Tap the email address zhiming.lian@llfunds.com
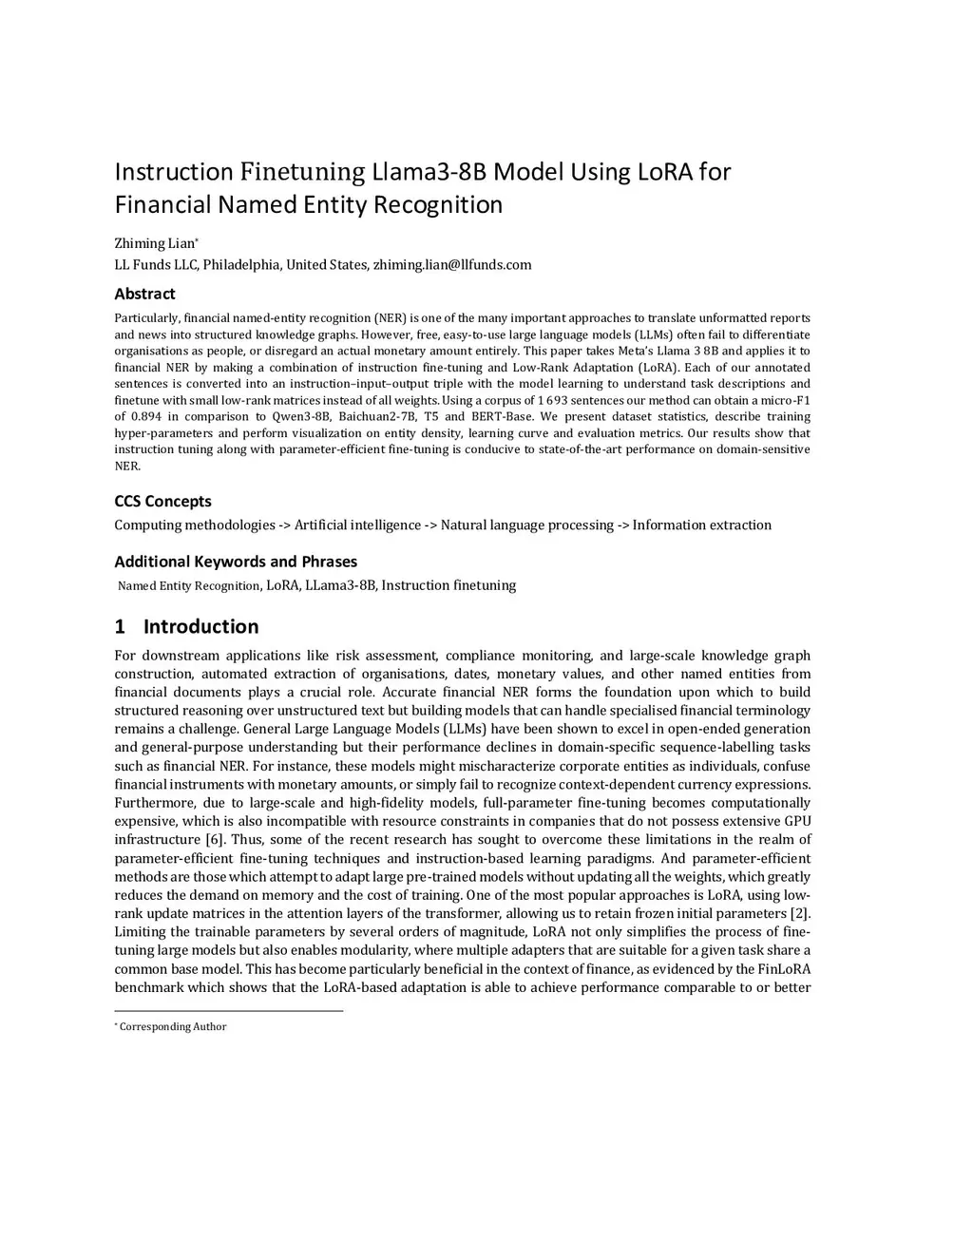tap(452, 264)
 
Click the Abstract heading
tap(144, 294)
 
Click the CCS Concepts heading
tap(162, 501)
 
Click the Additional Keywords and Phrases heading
tap(236, 562)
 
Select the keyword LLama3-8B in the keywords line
tap(340, 585)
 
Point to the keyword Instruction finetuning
tap(448, 585)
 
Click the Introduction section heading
tap(200, 626)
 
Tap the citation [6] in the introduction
tap(216, 839)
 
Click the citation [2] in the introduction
tap(800, 913)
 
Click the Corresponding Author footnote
tap(172, 1026)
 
